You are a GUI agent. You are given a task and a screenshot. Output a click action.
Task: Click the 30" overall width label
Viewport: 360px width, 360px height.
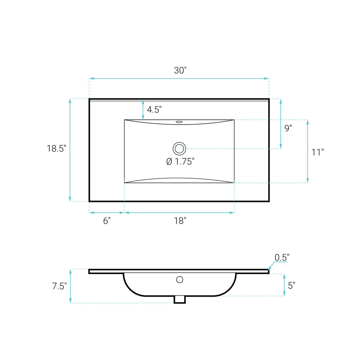(x=180, y=70)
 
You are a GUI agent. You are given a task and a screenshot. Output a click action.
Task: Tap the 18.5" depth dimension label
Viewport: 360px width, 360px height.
(x=57, y=149)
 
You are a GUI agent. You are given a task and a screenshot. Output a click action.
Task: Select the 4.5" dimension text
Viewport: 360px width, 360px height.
(x=154, y=109)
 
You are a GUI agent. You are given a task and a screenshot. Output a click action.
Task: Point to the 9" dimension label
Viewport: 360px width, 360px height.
(x=288, y=128)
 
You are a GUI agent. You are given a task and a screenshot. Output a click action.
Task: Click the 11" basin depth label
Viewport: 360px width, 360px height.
(x=318, y=152)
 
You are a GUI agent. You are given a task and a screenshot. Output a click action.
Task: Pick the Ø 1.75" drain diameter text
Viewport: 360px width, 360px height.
(x=180, y=162)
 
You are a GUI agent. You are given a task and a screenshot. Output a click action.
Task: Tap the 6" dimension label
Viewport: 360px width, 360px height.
(x=107, y=221)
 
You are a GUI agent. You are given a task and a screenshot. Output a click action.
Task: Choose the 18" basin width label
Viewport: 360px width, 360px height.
(x=180, y=221)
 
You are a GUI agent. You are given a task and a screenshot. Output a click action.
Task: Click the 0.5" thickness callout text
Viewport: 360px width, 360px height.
(x=282, y=258)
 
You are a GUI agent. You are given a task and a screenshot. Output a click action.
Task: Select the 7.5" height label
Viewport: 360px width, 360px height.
(x=59, y=286)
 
